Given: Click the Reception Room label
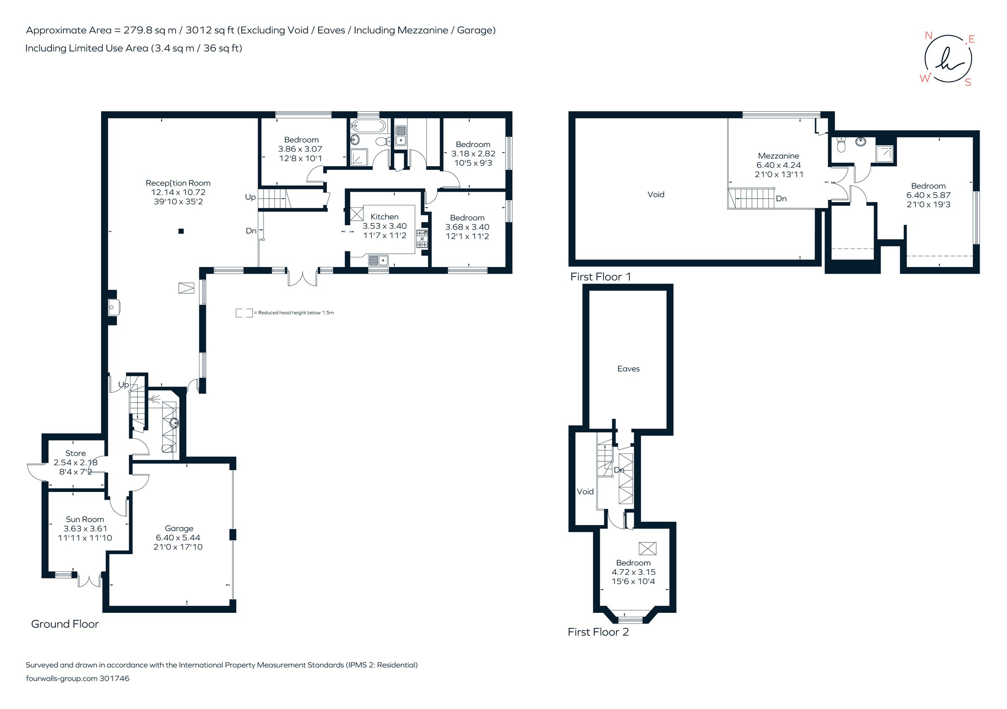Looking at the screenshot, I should pos(177,183).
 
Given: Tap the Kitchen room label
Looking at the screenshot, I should pos(384,217).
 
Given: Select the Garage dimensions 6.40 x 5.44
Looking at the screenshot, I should pos(178,537).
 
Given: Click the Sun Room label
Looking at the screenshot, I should pos(85,519).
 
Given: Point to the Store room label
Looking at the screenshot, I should pos(76,453).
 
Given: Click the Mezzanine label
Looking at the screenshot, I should pos(778,156).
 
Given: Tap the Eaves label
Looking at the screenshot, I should pos(628,369).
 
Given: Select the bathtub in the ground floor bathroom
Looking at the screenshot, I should pos(368,126).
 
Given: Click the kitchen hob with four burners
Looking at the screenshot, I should pos(422,239).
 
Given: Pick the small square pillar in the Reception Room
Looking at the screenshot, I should pos(181,231).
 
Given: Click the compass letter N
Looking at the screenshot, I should pos(928,36).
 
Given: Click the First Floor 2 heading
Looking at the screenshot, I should pos(598,632).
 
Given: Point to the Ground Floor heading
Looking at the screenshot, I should pos(65,624).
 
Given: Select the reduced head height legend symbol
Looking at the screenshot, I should pos(244,313).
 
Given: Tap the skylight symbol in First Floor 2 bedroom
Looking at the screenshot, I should pos(647,548).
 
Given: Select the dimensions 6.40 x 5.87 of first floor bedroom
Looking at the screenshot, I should pos(928,195).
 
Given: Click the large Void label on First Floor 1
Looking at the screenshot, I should pos(656,194).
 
